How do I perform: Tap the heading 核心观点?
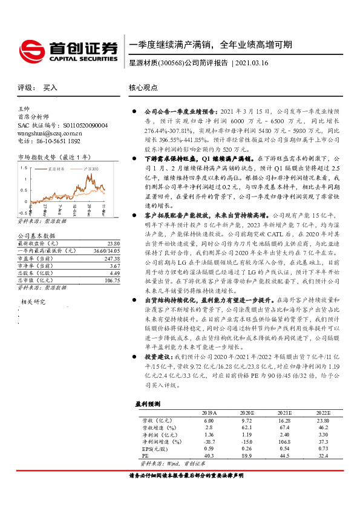pos(143,88)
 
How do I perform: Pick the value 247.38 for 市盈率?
pos(111,258)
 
